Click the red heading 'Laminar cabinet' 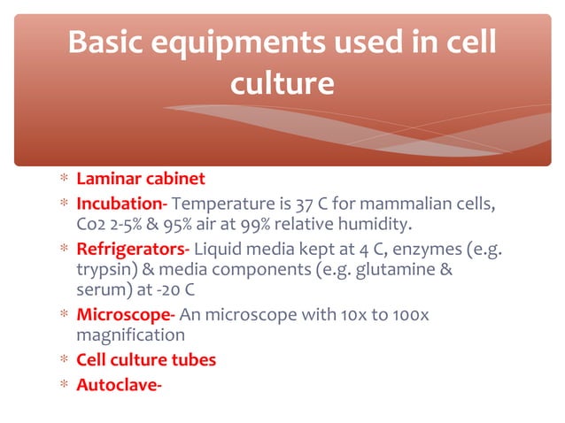141,179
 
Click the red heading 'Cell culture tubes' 146,360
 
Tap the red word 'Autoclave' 117,384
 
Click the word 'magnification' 131,335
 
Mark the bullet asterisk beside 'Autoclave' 64,384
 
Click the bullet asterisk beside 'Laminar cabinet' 64,180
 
